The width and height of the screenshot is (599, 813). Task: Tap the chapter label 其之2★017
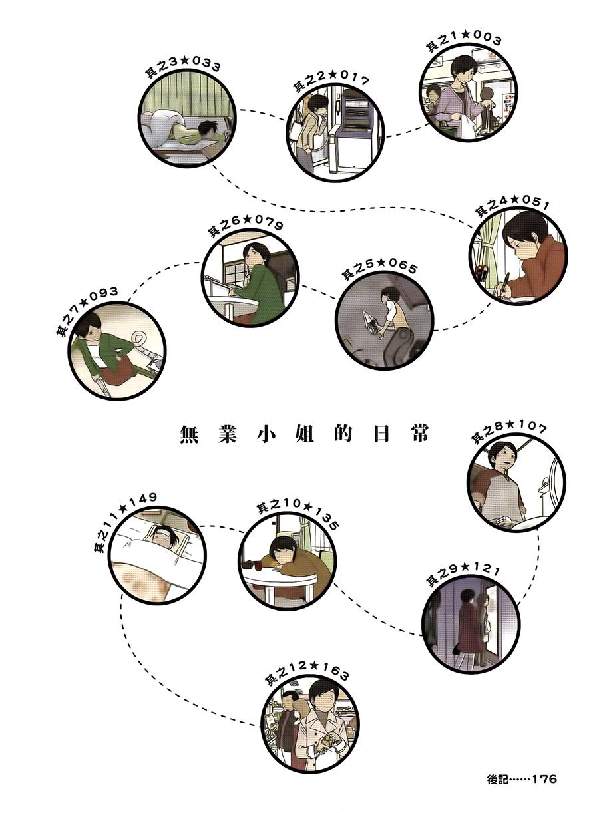(x=330, y=82)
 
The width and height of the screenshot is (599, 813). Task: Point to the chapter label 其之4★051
(x=512, y=206)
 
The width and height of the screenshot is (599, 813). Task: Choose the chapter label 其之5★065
(x=379, y=269)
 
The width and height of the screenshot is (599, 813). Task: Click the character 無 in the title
(x=190, y=434)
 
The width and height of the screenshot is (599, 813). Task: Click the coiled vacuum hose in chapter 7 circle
(x=139, y=337)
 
